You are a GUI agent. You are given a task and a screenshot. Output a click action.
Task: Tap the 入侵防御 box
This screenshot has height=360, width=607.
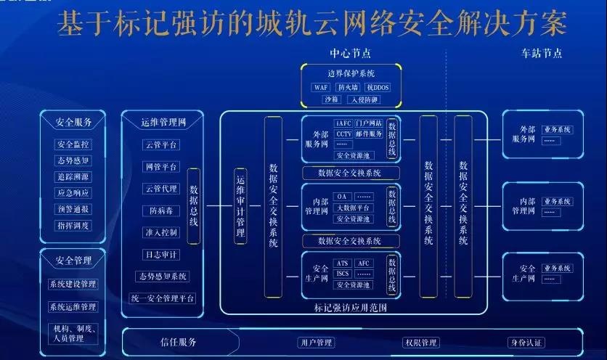[x=364, y=99]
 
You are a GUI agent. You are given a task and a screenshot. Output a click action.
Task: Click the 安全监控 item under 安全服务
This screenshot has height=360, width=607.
[x=73, y=144]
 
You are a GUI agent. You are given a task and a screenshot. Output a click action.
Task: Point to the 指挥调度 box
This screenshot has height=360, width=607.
[x=73, y=226]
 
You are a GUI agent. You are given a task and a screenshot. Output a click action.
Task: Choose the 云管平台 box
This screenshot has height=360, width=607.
[x=161, y=145]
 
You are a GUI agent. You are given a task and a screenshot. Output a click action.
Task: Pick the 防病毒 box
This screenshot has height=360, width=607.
[x=160, y=210]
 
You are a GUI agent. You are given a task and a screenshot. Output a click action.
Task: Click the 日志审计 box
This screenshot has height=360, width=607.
[x=160, y=255]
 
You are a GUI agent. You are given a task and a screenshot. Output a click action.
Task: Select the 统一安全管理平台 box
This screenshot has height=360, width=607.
[x=163, y=298]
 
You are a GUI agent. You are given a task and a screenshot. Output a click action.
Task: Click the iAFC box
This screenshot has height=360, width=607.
[x=343, y=123]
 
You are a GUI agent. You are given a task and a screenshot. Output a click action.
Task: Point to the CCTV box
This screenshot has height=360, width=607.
[x=343, y=134]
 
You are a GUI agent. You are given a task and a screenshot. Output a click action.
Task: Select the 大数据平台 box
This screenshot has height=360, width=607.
[x=353, y=208]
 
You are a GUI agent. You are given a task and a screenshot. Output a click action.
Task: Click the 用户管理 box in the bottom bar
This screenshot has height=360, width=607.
[x=315, y=343]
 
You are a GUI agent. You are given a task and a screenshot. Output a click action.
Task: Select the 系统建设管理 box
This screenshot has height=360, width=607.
[x=73, y=284]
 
